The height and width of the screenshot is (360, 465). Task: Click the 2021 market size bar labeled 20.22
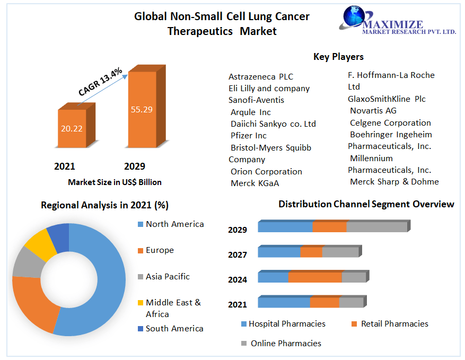pyautogui.click(x=71, y=128)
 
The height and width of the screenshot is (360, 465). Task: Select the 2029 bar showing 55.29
pyautogui.click(x=142, y=109)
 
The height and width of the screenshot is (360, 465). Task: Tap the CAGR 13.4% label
pyautogui.click(x=100, y=81)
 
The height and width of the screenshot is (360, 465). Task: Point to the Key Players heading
pyautogui.click(x=338, y=57)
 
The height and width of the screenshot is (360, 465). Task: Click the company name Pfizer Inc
pyautogui.click(x=249, y=136)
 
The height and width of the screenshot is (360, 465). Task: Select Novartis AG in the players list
pyautogui.click(x=373, y=111)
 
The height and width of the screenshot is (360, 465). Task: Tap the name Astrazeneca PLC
pyautogui.click(x=261, y=77)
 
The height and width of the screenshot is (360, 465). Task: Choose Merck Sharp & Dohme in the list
pyautogui.click(x=394, y=182)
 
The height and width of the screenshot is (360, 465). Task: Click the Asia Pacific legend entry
pyautogui.click(x=168, y=277)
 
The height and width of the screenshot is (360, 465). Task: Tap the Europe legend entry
pyautogui.click(x=160, y=250)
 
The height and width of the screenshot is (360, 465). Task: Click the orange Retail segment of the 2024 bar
pyautogui.click(x=315, y=277)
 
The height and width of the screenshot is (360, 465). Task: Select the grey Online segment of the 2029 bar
pyautogui.click(x=376, y=227)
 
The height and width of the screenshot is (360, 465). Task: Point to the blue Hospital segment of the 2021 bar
pyautogui.click(x=284, y=303)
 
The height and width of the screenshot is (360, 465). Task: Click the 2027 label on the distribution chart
pyautogui.click(x=238, y=255)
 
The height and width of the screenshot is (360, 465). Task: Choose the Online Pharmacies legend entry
pyautogui.click(x=286, y=344)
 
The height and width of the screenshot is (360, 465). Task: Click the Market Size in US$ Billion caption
pyautogui.click(x=115, y=182)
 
